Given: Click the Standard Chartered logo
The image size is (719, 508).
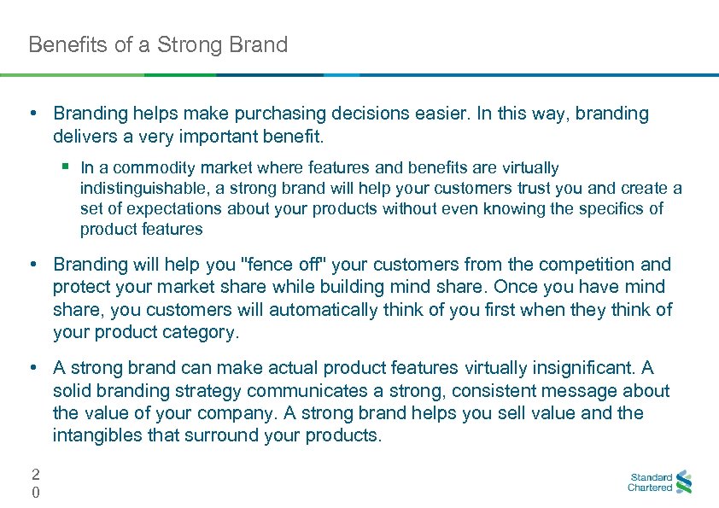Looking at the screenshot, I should coord(660,482).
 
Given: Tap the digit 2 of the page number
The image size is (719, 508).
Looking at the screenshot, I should coord(35,474).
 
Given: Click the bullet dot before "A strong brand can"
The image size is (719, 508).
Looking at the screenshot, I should coord(32,368).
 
